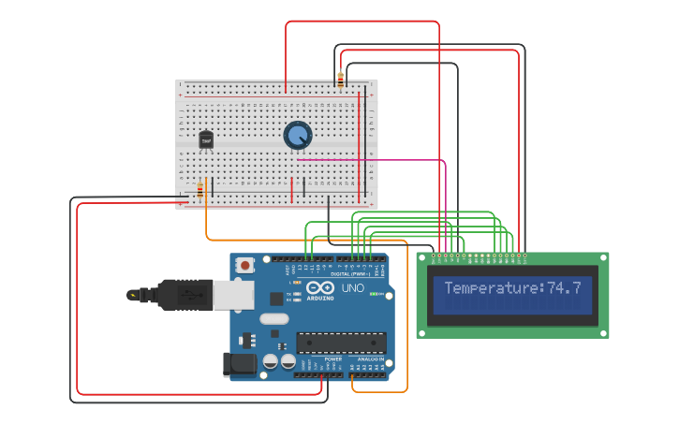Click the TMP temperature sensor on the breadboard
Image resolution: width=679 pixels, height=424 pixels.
click(x=206, y=139)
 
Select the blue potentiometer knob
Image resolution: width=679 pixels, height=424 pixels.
click(x=298, y=136)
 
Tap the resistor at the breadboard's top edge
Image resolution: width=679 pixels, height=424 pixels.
click(x=340, y=79)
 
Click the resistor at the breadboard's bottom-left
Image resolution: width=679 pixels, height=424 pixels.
click(x=199, y=191)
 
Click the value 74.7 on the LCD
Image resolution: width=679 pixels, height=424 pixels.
click(x=564, y=288)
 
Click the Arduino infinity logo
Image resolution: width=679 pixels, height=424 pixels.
click(x=319, y=289)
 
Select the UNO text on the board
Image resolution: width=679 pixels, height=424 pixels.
click(x=353, y=288)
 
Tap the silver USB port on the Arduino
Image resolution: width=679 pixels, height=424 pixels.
click(x=233, y=295)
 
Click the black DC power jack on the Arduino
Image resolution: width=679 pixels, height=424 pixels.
click(x=240, y=364)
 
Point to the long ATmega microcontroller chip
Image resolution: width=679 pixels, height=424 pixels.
click(x=341, y=343)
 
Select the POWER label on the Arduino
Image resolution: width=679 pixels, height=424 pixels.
click(x=333, y=358)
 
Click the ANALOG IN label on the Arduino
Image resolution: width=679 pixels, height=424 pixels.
click(x=369, y=358)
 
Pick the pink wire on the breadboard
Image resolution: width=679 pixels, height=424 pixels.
click(x=375, y=160)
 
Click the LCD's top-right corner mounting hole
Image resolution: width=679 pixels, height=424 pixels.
click(x=602, y=259)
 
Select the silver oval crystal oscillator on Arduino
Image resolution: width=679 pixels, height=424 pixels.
click(x=274, y=319)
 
